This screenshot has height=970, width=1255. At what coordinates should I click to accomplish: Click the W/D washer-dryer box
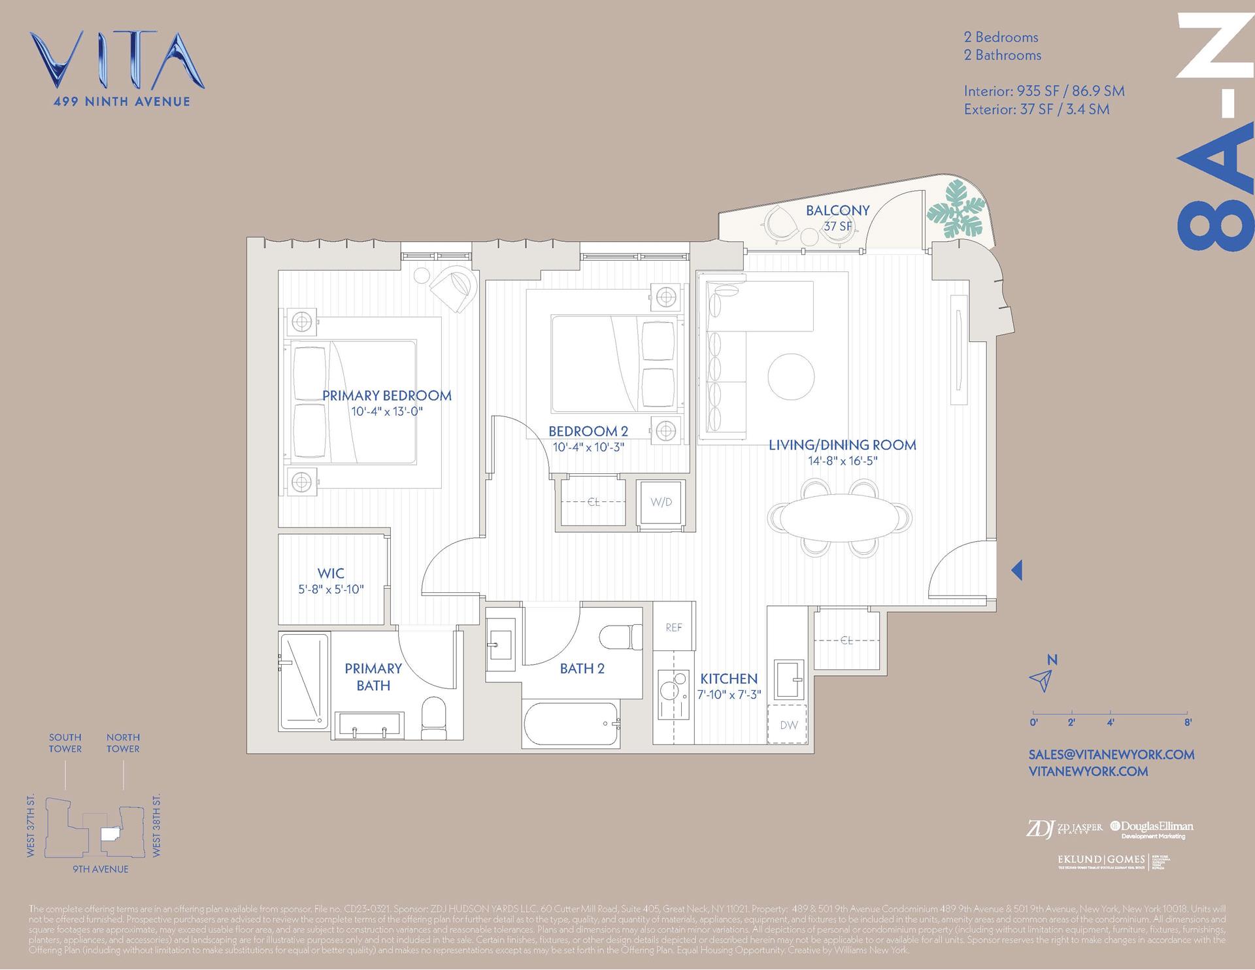661,502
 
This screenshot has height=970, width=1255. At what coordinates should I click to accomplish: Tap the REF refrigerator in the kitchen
674,627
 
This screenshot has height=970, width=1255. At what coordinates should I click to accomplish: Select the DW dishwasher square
789,724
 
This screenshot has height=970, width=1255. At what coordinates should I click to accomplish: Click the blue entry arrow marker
1016,570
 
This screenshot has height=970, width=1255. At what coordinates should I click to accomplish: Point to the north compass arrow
1040,680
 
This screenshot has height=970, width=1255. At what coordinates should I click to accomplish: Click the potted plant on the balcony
955,209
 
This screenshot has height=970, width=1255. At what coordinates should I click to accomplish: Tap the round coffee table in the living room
791,376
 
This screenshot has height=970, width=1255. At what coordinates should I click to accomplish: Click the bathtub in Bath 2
571,724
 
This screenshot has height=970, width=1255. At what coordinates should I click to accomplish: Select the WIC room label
331,573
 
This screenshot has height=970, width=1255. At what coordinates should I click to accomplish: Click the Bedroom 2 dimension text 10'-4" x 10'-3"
588,448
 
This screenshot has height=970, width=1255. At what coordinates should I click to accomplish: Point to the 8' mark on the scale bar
1187,722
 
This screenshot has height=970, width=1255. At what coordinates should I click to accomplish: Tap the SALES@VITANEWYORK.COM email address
1111,754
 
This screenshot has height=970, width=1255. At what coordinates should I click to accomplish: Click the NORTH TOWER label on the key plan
123,743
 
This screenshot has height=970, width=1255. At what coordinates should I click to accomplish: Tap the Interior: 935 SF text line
1044,92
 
